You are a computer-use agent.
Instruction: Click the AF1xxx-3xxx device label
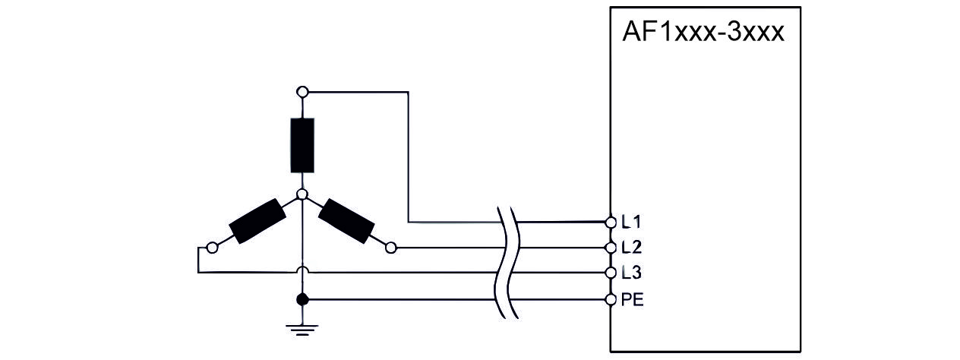[x=703, y=33]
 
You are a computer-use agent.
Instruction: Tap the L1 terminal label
[x=631, y=223]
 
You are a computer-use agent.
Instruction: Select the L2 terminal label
[x=631, y=247]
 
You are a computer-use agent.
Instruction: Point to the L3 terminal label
[x=631, y=272]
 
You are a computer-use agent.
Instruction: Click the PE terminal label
[x=633, y=299]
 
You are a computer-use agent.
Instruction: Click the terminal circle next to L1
[x=611, y=223]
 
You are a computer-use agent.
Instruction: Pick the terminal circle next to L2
[x=611, y=248]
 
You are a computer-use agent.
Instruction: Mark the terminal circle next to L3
[x=611, y=272]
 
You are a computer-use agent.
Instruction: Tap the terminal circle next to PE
[x=611, y=299]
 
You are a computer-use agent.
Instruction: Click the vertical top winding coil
[x=302, y=145]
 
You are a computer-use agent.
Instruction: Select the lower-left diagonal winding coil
[x=257, y=220]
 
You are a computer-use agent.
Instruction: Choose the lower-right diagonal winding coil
[x=346, y=220]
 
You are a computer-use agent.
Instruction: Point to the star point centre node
[x=302, y=195]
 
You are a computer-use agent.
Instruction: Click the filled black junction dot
[x=302, y=299]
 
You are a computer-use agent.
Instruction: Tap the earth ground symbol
[x=302, y=327]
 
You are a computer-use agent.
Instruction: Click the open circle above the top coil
[x=302, y=93]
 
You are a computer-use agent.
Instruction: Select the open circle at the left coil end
[x=213, y=247]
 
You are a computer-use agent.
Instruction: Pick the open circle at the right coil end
[x=391, y=247]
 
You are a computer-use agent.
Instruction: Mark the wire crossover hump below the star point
[x=302, y=270]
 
